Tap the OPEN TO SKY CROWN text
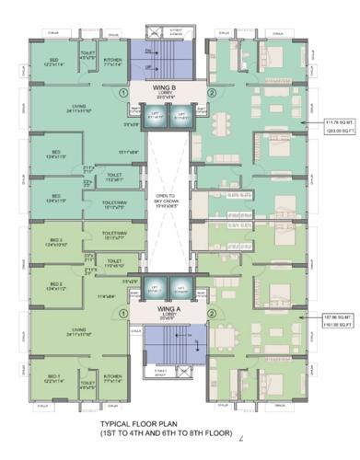pos(168,200)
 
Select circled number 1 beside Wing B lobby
pos(122,93)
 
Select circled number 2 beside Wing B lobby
pos(211,93)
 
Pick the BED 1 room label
pos(53,376)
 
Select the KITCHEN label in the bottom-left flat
pos(112,378)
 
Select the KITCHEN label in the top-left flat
pos(112,61)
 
